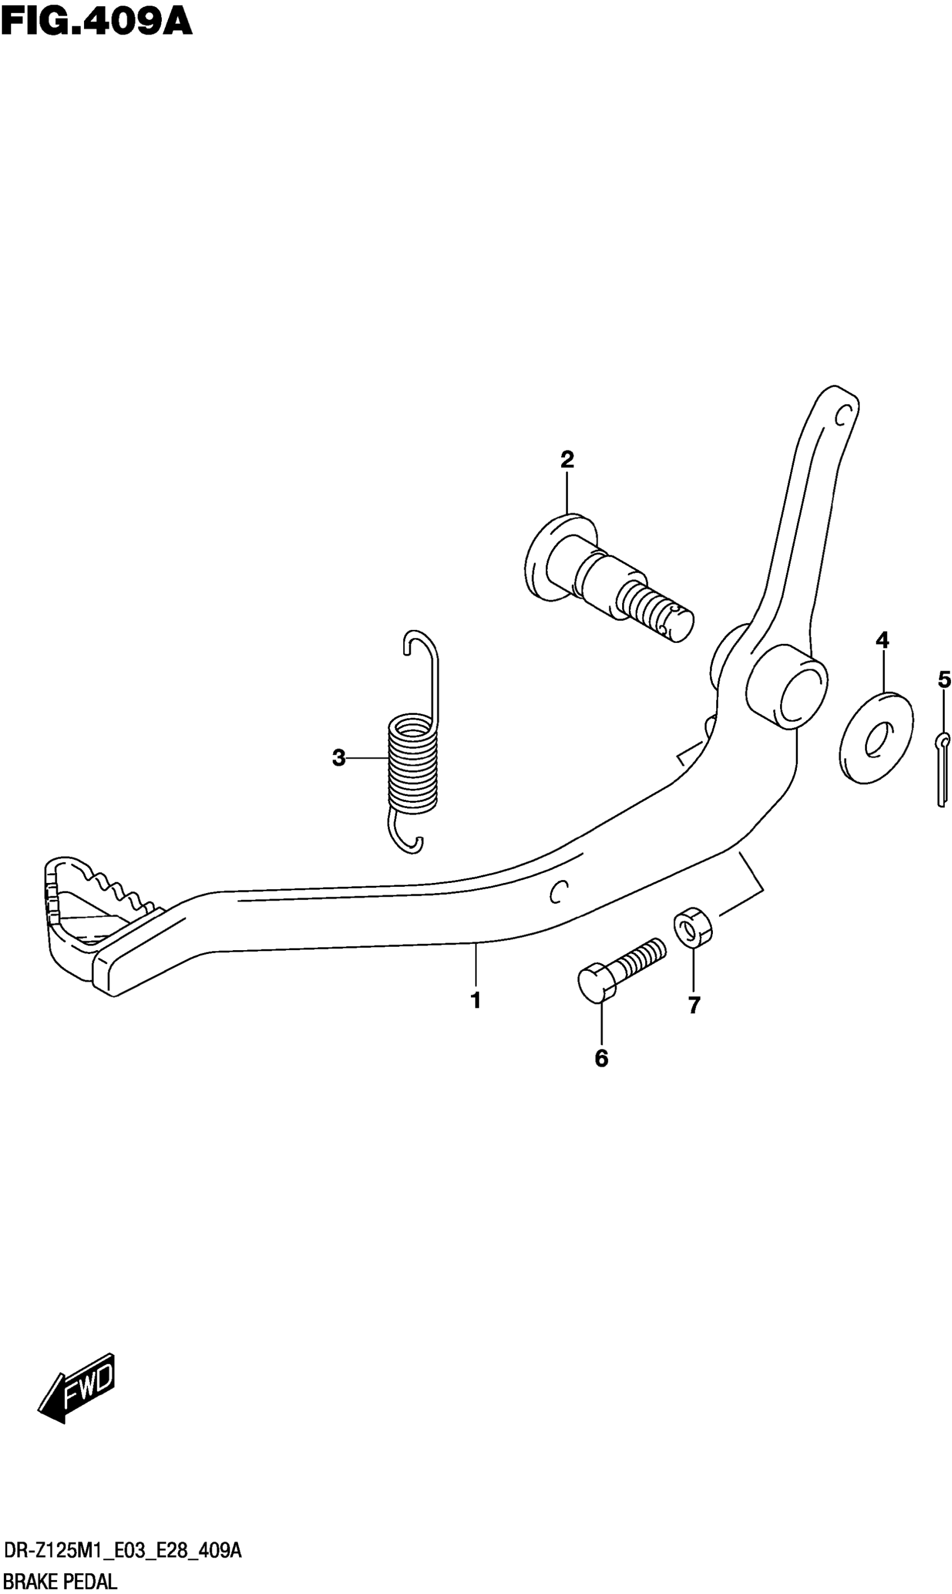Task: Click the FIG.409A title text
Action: coord(96,22)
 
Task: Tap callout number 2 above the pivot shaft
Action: coord(567,460)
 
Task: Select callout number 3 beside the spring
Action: coord(339,758)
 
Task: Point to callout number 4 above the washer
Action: coord(882,639)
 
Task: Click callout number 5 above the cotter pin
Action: coord(944,679)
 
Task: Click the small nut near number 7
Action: coord(693,927)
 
